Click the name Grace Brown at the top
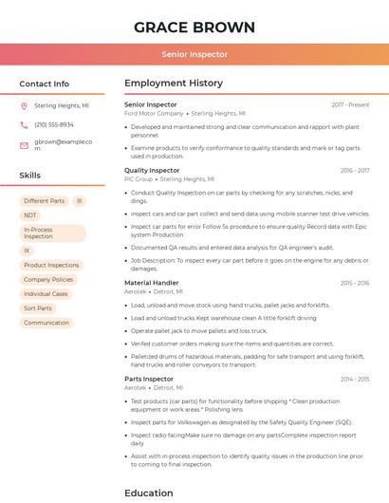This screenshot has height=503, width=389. [x=194, y=27]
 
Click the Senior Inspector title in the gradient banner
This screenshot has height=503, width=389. [x=194, y=55]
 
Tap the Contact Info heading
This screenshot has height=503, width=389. [x=44, y=84]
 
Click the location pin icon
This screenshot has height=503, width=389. [x=24, y=106]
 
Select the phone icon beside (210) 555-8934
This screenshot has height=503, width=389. [x=24, y=124]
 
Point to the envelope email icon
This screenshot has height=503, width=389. [x=24, y=145]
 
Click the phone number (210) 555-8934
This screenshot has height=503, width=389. [x=54, y=124]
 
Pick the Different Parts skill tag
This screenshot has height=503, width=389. [x=45, y=201]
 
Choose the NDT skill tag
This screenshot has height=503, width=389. [x=30, y=215]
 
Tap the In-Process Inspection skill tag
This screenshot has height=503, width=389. [x=52, y=233]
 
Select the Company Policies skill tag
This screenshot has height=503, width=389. [x=48, y=280]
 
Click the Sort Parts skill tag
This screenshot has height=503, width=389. [x=38, y=308]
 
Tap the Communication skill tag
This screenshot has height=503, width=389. [x=46, y=323]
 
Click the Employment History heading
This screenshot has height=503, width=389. [x=174, y=84]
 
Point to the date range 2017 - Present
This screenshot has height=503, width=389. [x=350, y=104]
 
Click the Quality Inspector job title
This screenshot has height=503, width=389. [x=152, y=171]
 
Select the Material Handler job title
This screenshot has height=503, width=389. [x=152, y=283]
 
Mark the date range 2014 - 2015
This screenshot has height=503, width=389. [x=354, y=380]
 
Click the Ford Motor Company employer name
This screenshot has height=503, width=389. [x=154, y=113]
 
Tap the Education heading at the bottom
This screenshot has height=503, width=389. [x=149, y=493]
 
